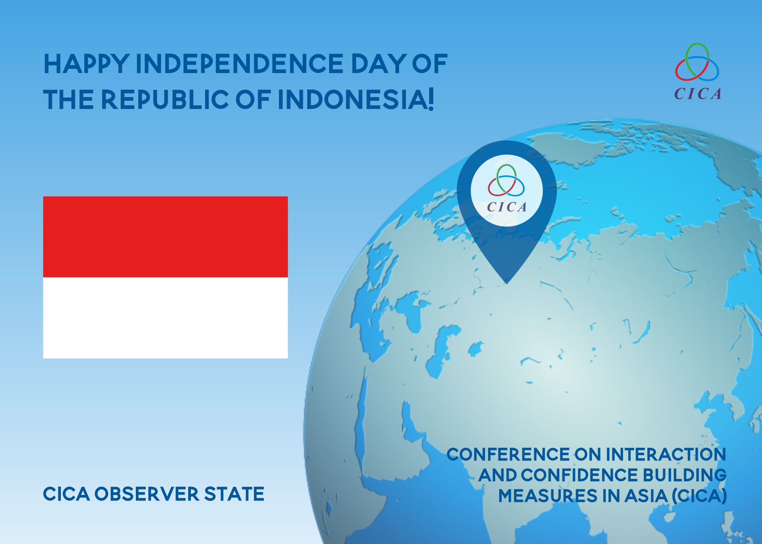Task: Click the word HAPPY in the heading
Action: point(86,64)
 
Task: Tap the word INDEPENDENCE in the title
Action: point(240,64)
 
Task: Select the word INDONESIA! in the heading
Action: point(356,100)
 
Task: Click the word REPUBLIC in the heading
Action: point(165,100)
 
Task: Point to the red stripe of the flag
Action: point(165,237)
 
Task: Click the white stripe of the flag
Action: point(165,318)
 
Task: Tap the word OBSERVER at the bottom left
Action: point(147,494)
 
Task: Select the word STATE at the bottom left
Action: point(234,494)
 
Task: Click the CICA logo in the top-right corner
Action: point(697,71)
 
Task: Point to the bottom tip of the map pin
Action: point(507,283)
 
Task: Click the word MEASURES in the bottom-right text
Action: point(548,495)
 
